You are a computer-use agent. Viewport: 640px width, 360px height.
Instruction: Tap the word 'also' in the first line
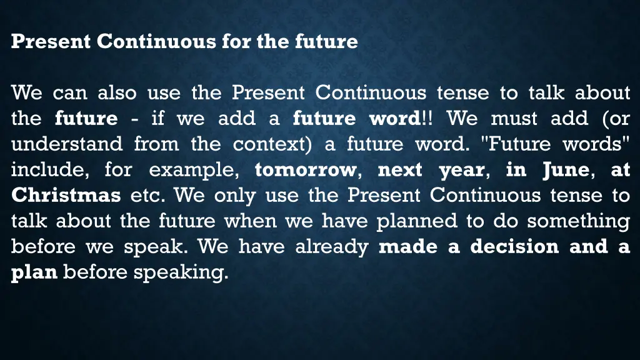(117, 93)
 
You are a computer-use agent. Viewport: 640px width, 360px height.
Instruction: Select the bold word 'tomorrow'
(305, 169)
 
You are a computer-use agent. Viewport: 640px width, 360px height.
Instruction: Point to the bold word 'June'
(565, 169)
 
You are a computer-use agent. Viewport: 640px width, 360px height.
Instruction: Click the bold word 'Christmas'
(66, 195)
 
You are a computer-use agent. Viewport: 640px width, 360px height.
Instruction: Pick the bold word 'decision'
(514, 246)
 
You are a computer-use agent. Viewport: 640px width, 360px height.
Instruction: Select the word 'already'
(331, 246)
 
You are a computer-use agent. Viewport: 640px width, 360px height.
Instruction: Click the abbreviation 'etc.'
(147, 195)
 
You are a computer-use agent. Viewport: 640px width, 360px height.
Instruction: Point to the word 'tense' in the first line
(462, 93)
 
